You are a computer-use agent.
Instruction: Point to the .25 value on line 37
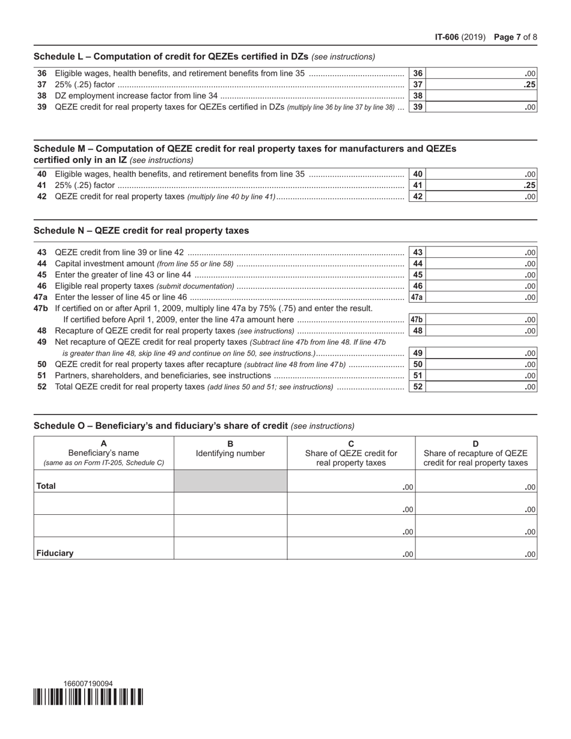click(529, 85)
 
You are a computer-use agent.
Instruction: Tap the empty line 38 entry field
click(481, 96)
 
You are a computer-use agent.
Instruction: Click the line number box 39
click(418, 107)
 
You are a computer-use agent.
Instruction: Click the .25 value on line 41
click(529, 186)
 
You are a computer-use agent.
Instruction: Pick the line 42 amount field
click(481, 196)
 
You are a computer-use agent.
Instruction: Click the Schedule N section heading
click(141, 231)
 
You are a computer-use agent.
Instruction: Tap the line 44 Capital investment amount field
click(481, 264)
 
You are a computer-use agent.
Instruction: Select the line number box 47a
click(417, 297)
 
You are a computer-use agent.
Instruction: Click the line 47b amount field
click(481, 320)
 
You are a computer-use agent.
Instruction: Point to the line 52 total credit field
click(481, 387)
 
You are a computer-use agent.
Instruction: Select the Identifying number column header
click(230, 449)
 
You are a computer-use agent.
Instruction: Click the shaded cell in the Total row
click(230, 481)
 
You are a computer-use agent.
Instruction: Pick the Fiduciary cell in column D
click(477, 548)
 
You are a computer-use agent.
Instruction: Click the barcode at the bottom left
click(88, 697)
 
